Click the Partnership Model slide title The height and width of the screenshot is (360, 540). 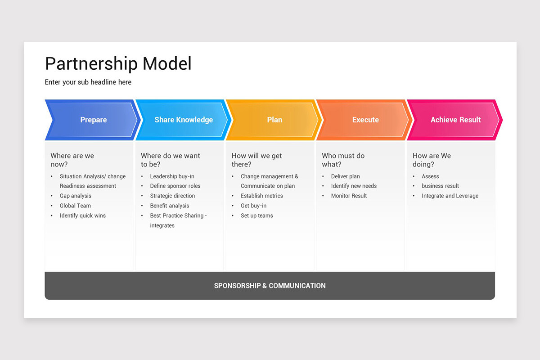118,64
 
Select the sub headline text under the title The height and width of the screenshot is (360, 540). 88,82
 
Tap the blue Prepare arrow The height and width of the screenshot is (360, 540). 94,120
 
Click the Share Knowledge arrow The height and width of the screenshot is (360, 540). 184,120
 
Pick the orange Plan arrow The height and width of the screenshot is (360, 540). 274,120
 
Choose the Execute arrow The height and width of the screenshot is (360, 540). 365,120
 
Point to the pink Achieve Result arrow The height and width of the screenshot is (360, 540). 455,120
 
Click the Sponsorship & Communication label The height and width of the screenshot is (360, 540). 270,286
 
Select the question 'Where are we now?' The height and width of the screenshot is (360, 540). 72,160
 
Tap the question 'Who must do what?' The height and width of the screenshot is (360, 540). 343,160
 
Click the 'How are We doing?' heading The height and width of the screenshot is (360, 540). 432,160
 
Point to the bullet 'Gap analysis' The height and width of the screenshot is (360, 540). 76,196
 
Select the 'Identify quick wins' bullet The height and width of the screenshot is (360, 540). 83,216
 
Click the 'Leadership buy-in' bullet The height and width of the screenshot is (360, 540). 172,176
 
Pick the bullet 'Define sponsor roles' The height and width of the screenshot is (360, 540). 175,186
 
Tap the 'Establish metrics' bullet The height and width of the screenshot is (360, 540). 262,196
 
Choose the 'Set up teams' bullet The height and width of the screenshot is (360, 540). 257,216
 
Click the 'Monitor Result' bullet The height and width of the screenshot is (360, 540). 349,196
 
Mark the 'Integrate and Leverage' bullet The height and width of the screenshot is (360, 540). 450,196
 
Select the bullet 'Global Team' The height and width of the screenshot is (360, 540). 75,206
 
